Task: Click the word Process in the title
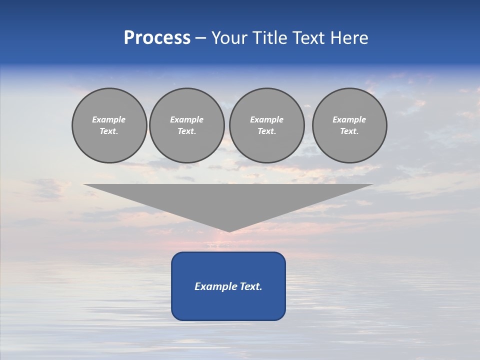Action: pyautogui.click(x=157, y=38)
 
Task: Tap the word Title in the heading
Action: pyautogui.click(x=271, y=38)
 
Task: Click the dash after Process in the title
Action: pyautogui.click(x=200, y=38)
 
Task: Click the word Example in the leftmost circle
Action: pyautogui.click(x=109, y=119)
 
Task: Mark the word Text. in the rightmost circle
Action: pyautogui.click(x=349, y=131)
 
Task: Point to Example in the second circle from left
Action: pyautogui.click(x=186, y=119)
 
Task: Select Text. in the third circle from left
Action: pyautogui.click(x=266, y=131)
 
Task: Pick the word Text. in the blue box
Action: pyautogui.click(x=250, y=286)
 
